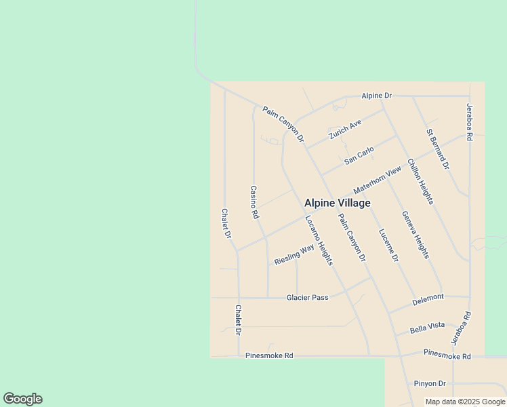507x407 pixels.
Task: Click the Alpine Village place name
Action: coord(337,203)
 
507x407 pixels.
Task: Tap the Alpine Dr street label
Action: coord(376,96)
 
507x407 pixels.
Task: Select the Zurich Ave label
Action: coord(345,129)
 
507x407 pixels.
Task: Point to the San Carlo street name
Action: coord(359,156)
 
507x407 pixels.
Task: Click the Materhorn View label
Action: coord(377,182)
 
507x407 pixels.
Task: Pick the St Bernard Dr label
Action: coord(438,149)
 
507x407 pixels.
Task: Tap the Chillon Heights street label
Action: coord(420,181)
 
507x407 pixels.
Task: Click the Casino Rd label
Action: coord(255,202)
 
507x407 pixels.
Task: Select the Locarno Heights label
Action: coord(319,240)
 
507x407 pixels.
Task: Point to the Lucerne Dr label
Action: coord(388,244)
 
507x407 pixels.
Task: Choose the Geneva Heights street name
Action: coord(415,235)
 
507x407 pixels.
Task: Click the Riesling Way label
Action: coord(294,255)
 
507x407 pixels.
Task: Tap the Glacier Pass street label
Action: coord(307,297)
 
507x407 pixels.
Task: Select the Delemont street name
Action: coord(428,297)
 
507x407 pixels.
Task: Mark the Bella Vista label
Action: coord(428,328)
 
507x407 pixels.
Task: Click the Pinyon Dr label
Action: coord(430,383)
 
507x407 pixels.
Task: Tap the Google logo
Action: coord(22,399)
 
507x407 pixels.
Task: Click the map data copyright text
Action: coord(466,402)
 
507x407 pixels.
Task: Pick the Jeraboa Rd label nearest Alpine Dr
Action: coord(468,121)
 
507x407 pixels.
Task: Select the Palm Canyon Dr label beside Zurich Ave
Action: coord(283,125)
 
